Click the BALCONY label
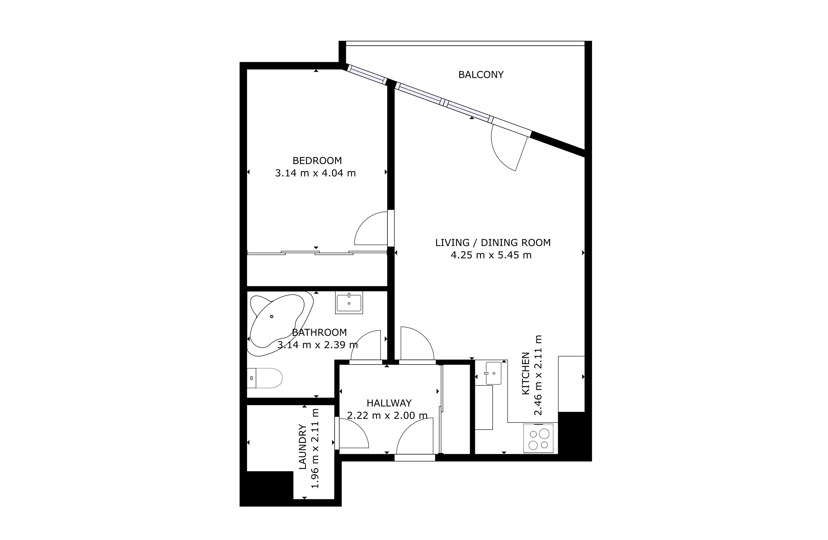(481, 75)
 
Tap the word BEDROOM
(317, 161)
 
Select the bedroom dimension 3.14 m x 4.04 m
(316, 173)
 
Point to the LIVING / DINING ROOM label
(493, 243)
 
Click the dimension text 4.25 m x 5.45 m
(491, 255)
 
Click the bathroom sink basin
(349, 303)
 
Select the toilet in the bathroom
(264, 378)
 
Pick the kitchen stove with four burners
(538, 438)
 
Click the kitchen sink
(493, 373)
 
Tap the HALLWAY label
(389, 403)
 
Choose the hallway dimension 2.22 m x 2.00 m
(387, 415)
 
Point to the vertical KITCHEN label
(526, 373)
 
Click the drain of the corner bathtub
(272, 316)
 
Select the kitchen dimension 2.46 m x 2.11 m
(538, 375)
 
